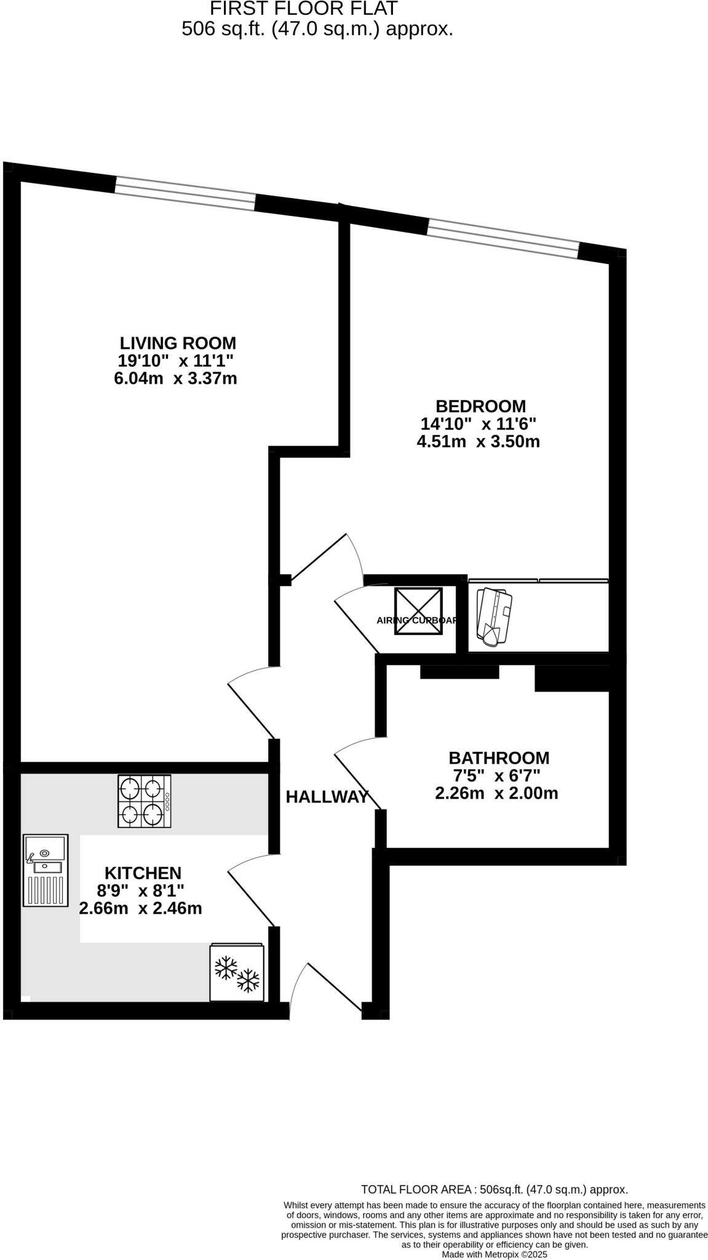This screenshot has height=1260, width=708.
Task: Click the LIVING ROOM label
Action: pyautogui.click(x=177, y=343)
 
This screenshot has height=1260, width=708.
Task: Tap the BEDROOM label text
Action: pyautogui.click(x=480, y=406)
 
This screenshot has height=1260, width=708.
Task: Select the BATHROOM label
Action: pyautogui.click(x=498, y=757)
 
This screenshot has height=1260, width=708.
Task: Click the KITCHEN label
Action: pyautogui.click(x=143, y=872)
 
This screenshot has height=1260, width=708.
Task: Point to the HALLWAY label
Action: pyautogui.click(x=327, y=797)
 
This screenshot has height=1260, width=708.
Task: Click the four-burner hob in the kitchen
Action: pyautogui.click(x=145, y=800)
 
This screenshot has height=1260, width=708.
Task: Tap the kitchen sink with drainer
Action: pyautogui.click(x=45, y=870)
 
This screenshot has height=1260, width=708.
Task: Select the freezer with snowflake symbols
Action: pyautogui.click(x=237, y=972)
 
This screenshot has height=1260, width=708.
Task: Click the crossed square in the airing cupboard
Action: pyautogui.click(x=418, y=611)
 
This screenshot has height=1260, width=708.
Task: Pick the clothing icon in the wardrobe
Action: pyautogui.click(x=493, y=616)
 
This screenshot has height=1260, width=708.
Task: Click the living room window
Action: pyautogui.click(x=185, y=193)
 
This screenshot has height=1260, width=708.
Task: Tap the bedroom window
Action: pyautogui.click(x=503, y=238)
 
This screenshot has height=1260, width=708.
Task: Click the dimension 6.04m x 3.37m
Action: pyautogui.click(x=175, y=378)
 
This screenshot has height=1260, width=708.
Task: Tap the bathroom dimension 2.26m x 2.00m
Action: pyautogui.click(x=496, y=793)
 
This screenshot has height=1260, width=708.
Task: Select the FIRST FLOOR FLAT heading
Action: pyautogui.click(x=303, y=9)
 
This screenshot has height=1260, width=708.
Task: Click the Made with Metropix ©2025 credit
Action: pyautogui.click(x=494, y=1254)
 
